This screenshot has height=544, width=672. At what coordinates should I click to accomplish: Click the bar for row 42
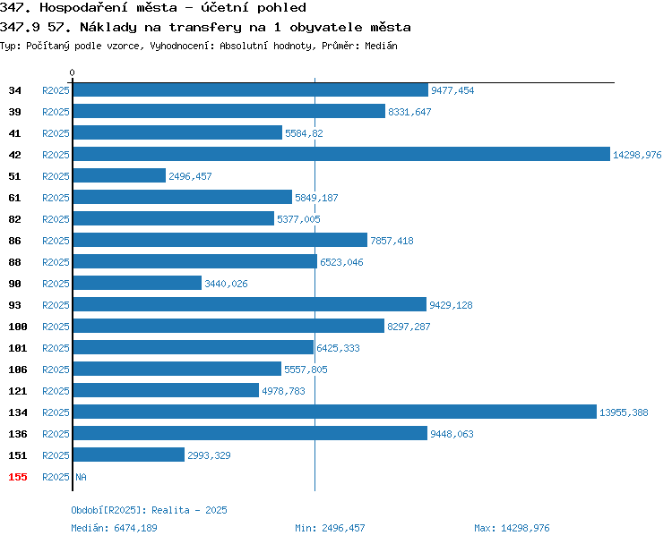[341, 154]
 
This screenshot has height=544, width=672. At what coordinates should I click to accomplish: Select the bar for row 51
[119, 175]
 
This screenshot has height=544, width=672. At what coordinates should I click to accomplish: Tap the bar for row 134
[335, 412]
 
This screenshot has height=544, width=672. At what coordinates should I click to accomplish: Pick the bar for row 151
[129, 455]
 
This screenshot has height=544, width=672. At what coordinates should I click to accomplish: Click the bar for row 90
[138, 283]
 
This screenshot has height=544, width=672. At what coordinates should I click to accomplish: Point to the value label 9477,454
[452, 90]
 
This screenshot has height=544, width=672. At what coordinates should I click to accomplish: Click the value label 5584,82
[304, 133]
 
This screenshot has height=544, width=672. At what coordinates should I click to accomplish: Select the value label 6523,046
[341, 262]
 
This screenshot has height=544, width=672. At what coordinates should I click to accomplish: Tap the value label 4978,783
[283, 391]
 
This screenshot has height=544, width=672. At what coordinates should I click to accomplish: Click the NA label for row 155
[81, 477]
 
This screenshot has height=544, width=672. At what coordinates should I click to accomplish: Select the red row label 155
[18, 477]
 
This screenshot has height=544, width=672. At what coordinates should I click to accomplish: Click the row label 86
[14, 241]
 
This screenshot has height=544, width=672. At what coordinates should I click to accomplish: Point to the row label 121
[18, 391]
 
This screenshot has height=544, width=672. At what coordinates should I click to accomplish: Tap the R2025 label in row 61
[56, 198]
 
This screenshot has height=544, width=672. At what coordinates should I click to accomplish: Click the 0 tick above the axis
[72, 72]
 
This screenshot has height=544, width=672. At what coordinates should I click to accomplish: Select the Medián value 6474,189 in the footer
[135, 528]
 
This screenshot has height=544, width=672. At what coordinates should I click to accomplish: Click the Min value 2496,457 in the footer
[343, 528]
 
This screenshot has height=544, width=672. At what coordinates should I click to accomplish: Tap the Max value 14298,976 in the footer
[525, 528]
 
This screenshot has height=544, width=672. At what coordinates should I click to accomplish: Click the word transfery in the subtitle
[205, 28]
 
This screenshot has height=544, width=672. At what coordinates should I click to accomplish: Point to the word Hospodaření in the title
[83, 8]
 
